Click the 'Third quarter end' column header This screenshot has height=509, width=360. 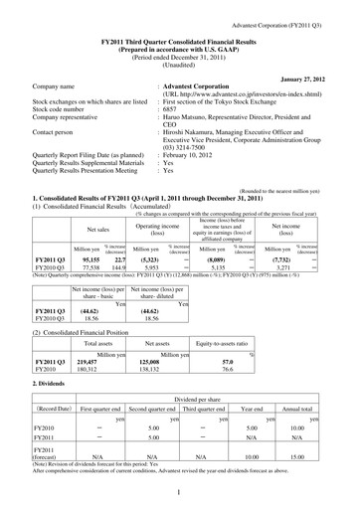207,407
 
